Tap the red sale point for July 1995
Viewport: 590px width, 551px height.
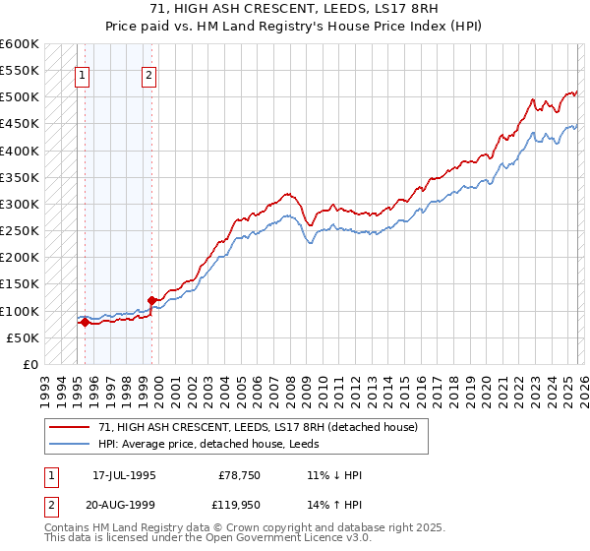[85, 322]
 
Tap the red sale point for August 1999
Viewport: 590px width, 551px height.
[151, 300]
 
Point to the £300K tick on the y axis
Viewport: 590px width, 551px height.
[20, 205]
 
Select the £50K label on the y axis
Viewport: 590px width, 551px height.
[23, 337]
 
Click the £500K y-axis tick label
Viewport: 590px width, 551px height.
[20, 97]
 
